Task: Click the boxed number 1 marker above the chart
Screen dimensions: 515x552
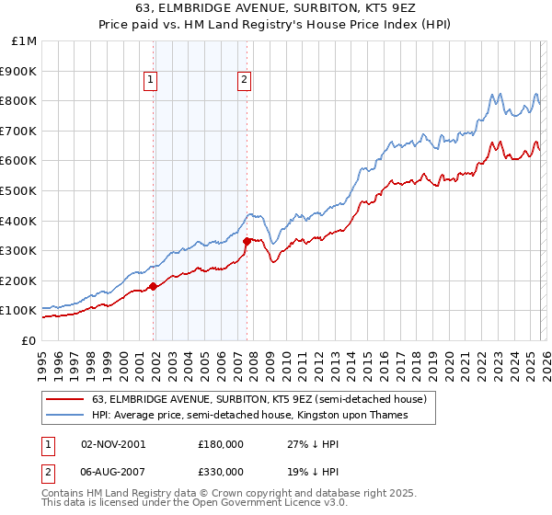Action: [150, 80]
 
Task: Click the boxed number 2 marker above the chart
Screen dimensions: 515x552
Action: [244, 80]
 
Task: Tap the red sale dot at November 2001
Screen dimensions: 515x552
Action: [154, 286]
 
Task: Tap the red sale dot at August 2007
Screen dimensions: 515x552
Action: [247, 241]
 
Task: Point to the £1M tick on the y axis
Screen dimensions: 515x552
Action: [25, 40]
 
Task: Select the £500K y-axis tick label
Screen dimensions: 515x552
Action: [19, 190]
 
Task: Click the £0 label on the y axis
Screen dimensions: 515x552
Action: [29, 340]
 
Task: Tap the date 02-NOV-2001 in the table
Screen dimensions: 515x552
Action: [113, 443]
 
